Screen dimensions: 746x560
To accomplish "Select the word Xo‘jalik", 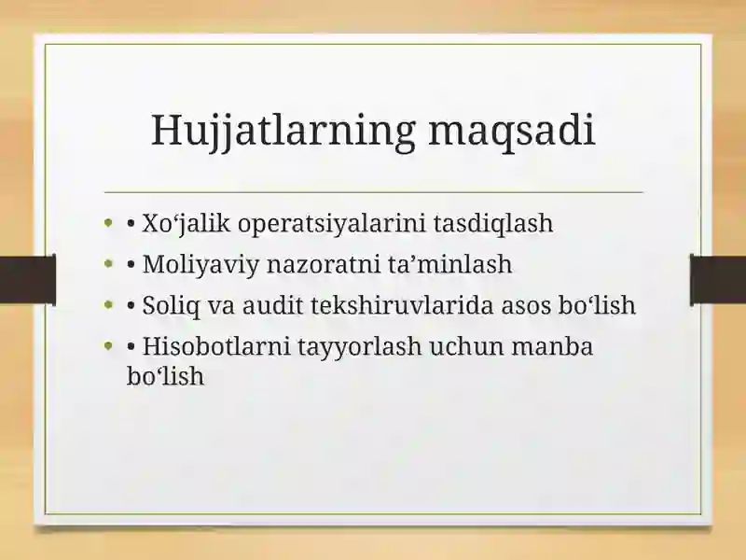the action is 186,224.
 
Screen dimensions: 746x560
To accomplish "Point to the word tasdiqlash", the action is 493,223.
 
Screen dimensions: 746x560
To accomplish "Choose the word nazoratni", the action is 323,264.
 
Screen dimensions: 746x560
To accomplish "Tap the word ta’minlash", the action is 449,264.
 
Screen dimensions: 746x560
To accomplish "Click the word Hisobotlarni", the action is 216,346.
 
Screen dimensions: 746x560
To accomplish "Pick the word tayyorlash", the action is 360,347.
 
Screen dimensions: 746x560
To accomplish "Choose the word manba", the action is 552,346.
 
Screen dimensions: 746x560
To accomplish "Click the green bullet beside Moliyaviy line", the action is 108,263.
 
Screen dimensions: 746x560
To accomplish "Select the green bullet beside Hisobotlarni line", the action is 108,345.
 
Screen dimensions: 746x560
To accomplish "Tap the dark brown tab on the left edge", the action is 28,280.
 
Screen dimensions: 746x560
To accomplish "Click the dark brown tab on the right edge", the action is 718,280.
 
